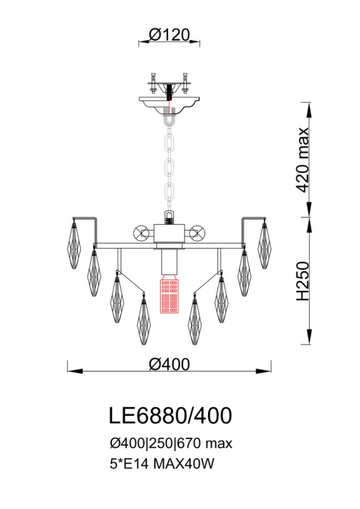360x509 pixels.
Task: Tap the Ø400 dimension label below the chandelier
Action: click(169, 365)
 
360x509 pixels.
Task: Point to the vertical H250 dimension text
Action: click(305, 282)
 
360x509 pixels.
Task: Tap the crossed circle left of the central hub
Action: click(141, 233)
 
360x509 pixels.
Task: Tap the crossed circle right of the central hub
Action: click(196, 233)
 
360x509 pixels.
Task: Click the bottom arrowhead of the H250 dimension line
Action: click(309, 342)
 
